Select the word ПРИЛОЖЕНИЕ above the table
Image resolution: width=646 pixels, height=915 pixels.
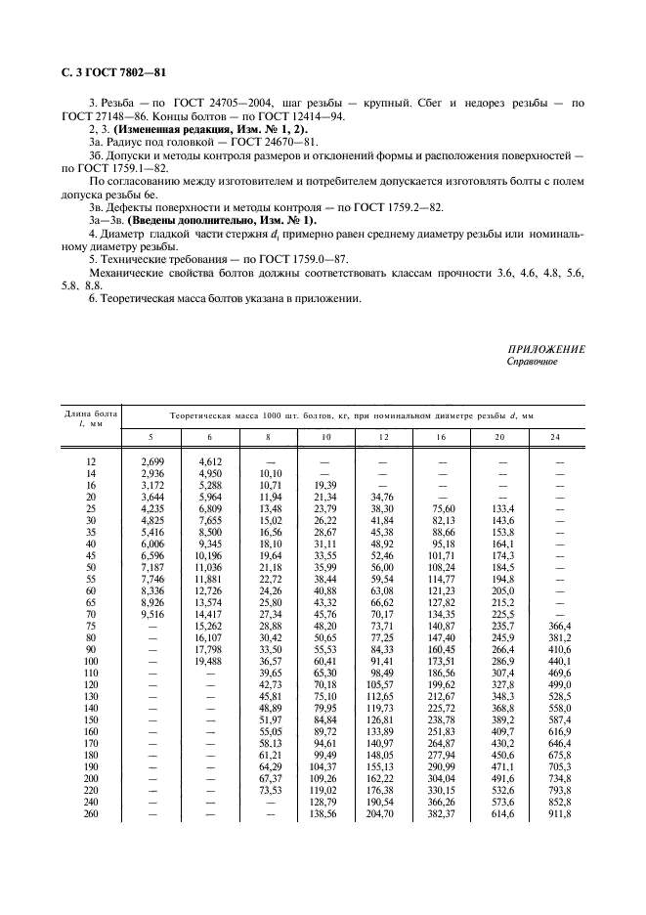(545, 350)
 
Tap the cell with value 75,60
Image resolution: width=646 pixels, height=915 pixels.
(443, 508)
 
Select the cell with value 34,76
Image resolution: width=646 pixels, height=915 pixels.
(384, 496)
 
